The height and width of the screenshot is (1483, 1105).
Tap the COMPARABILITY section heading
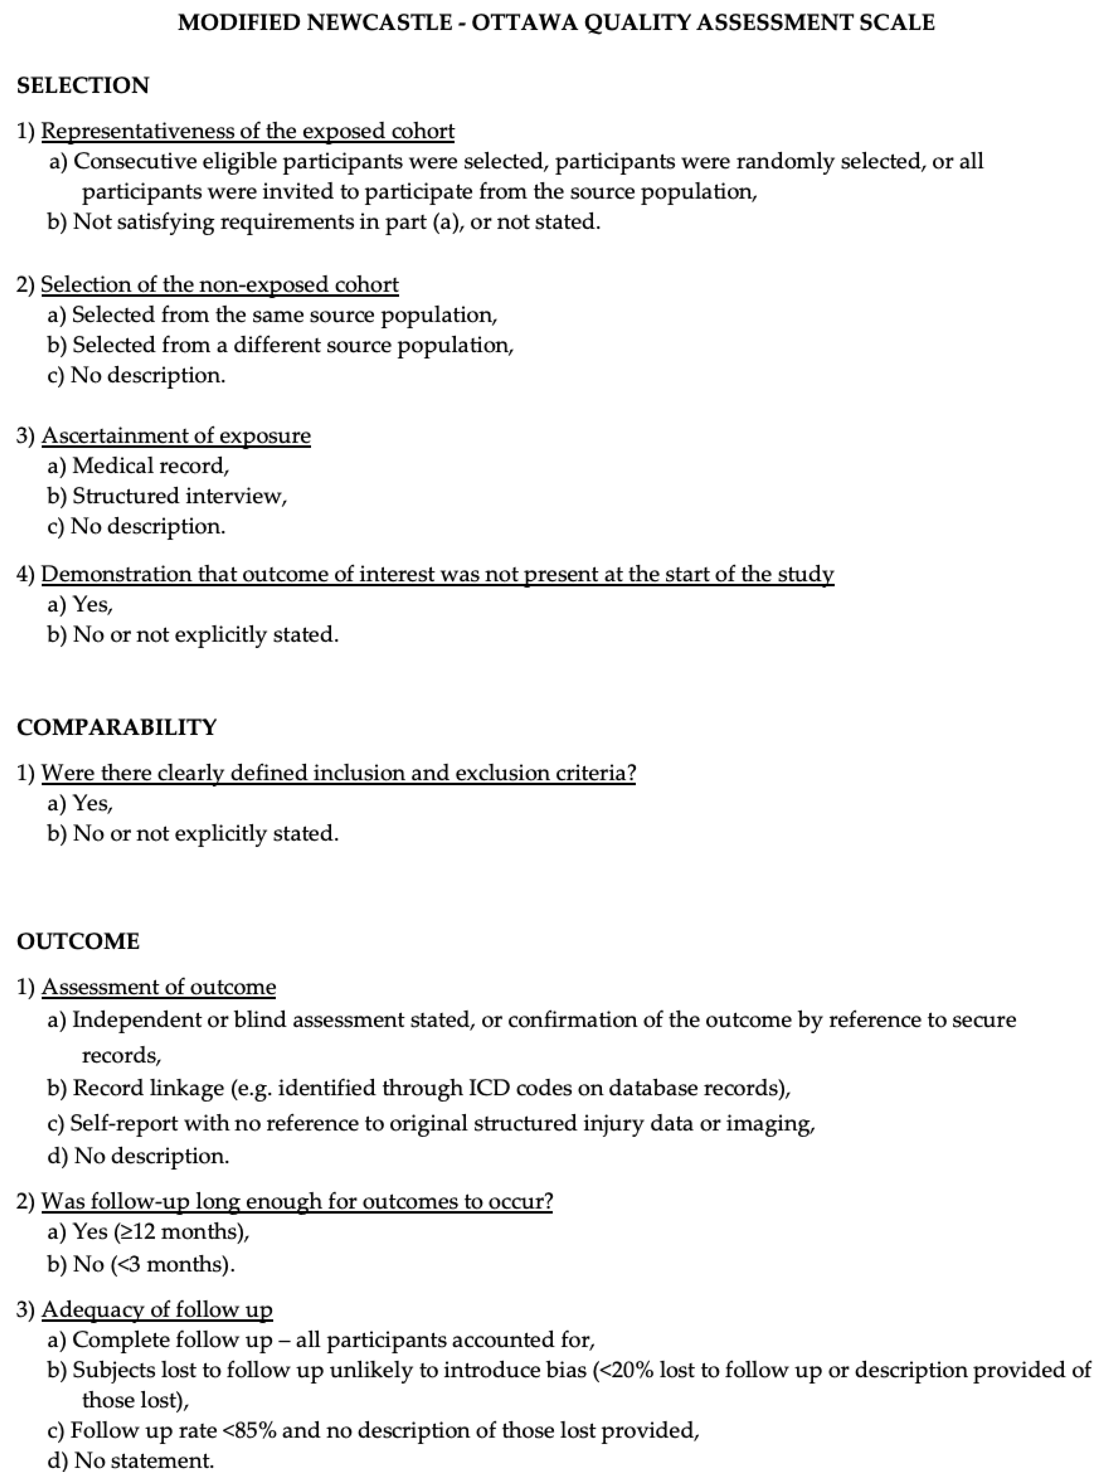[x=117, y=727]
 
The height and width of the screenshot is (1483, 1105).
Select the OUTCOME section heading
[x=78, y=941]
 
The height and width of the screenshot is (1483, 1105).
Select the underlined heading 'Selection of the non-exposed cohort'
[x=219, y=285]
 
